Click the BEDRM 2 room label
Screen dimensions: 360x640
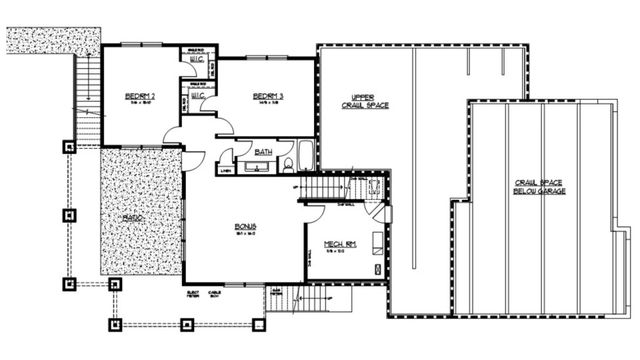[138, 96]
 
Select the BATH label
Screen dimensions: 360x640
[263, 152]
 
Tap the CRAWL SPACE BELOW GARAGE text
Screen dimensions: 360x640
[540, 188]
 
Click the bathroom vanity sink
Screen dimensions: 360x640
[252, 166]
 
